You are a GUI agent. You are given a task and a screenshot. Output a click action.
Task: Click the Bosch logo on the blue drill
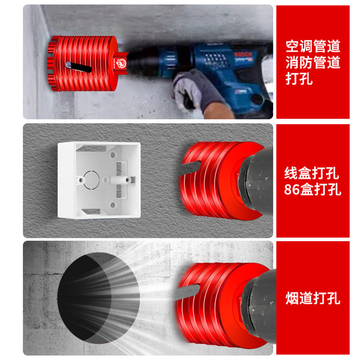[x=243, y=55]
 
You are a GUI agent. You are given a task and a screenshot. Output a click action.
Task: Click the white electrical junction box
[x=99, y=180]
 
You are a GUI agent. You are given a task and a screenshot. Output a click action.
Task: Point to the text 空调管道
[x=313, y=46]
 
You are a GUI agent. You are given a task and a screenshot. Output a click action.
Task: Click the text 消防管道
[x=313, y=62]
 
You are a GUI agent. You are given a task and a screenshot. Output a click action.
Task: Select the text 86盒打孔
[x=313, y=189]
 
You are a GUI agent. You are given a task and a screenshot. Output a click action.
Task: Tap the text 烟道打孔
[x=313, y=298]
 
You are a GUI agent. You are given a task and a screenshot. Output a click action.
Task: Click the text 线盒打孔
[x=311, y=173]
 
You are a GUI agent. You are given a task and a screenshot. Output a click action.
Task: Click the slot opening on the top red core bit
[x=78, y=67]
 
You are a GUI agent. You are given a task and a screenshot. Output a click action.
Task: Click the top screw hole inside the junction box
[x=113, y=155]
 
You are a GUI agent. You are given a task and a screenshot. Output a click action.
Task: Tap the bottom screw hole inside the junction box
[x=113, y=205]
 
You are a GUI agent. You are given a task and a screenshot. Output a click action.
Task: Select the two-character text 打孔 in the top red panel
[x=299, y=79]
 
